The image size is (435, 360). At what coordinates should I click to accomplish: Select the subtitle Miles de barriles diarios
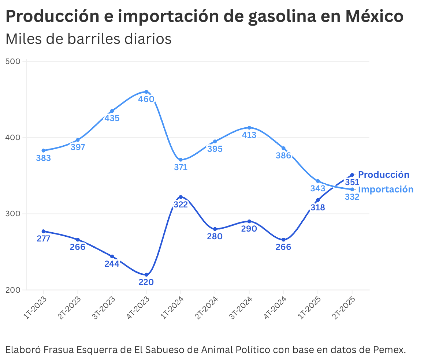88,39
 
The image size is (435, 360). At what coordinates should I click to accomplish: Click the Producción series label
383,175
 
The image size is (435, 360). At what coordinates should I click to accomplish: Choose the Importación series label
386,190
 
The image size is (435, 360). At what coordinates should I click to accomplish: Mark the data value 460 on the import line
146,99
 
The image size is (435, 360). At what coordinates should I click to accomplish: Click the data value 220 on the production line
146,282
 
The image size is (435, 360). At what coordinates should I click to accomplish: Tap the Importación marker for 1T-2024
181,160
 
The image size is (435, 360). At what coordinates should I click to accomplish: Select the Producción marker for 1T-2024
181,197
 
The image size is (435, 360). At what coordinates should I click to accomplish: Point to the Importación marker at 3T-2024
249,128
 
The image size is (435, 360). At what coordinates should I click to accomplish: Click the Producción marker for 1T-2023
44,231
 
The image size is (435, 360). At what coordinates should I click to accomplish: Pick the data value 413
249,135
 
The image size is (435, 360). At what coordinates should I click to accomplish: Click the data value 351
352,182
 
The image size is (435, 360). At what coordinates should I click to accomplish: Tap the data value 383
44,158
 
